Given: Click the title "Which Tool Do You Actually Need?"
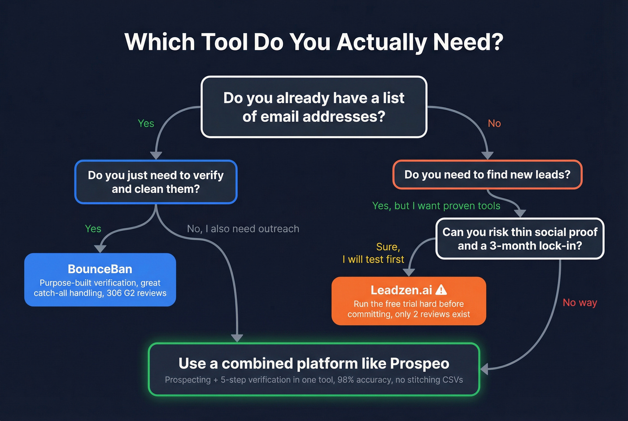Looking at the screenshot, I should (314, 42).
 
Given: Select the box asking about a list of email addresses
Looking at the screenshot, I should (314, 107).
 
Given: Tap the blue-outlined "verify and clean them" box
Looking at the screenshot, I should (156, 182).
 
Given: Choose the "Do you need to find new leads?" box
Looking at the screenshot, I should (487, 174).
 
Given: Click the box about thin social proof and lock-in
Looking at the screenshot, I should (520, 239).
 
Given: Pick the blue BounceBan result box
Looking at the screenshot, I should (100, 279).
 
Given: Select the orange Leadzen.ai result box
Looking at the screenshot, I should (409, 301).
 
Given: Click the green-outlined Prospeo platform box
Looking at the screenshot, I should (314, 369).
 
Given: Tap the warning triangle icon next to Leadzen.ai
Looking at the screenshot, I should (441, 290).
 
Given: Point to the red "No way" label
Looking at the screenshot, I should (580, 303).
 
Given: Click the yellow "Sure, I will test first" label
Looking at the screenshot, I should (373, 253).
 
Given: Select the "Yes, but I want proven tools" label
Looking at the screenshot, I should (436, 206).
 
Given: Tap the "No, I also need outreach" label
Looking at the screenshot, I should (243, 229).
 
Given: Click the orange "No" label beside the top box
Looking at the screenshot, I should (494, 123).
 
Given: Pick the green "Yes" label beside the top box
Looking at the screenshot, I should (146, 123).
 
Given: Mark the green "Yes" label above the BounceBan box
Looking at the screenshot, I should (93, 229).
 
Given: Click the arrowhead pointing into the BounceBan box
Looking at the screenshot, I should (100, 249).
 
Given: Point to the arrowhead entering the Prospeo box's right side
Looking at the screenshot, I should (484, 369).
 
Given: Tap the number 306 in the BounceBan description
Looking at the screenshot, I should (114, 293).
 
